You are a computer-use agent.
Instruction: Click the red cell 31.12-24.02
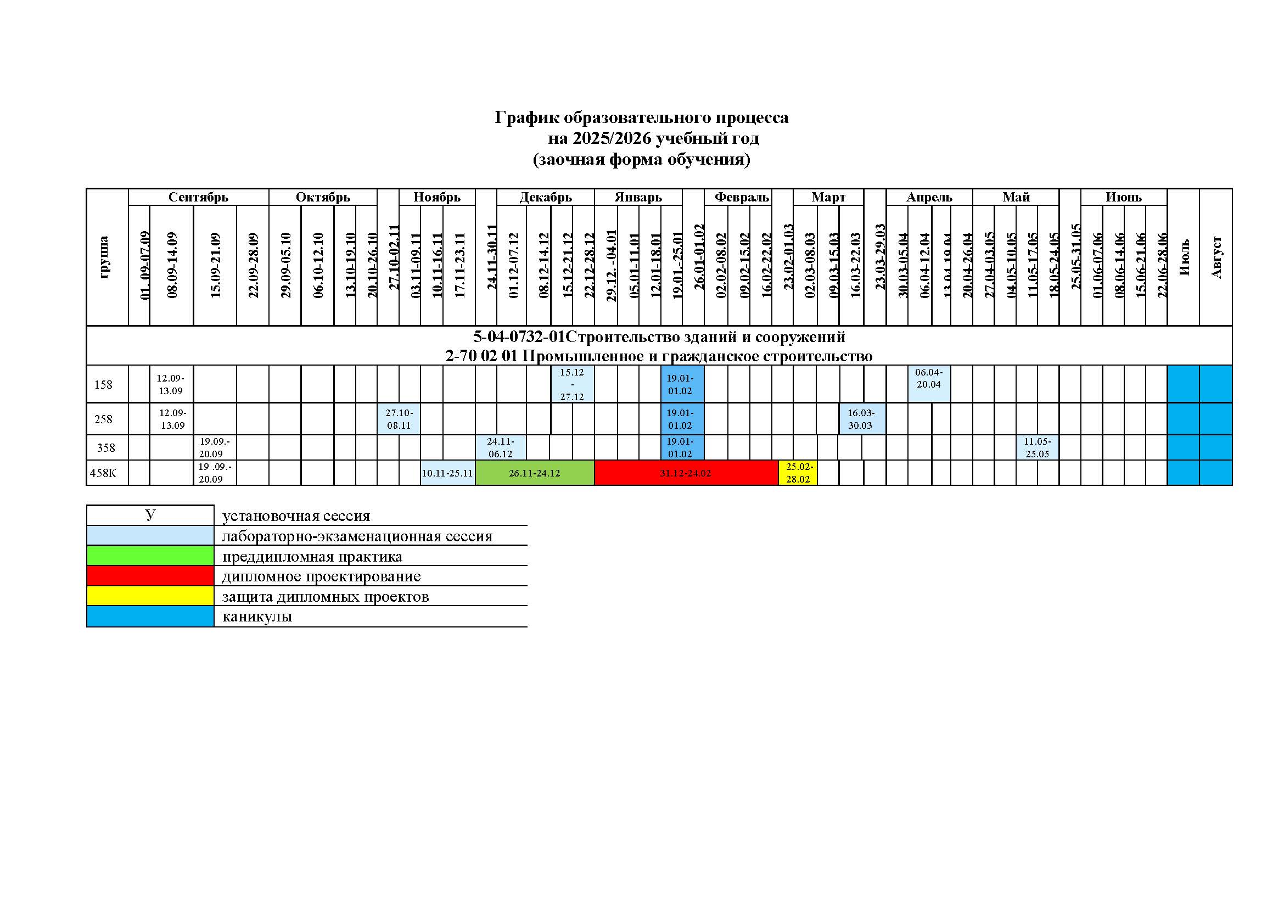click(686, 473)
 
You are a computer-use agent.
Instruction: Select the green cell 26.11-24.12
click(534, 473)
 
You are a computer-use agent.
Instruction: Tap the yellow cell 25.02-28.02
click(798, 473)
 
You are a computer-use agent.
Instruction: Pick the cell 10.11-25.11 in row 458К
click(447, 473)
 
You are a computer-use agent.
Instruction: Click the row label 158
click(103, 385)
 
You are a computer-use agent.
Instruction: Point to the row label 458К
click(103, 473)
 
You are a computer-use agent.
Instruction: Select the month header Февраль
click(742, 198)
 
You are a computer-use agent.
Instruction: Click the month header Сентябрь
click(198, 198)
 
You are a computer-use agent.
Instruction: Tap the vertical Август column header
click(1216, 257)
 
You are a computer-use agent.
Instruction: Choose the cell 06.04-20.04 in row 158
click(929, 379)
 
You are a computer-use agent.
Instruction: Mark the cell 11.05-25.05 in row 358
click(1038, 448)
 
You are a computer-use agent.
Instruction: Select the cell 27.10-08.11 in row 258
click(399, 419)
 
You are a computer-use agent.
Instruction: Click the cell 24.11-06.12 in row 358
click(501, 448)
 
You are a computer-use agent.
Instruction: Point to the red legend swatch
click(150, 576)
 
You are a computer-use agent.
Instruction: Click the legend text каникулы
click(257, 616)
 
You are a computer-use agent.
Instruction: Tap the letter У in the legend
click(150, 515)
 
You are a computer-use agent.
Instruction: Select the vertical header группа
click(104, 257)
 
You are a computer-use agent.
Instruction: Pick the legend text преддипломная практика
click(312, 556)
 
